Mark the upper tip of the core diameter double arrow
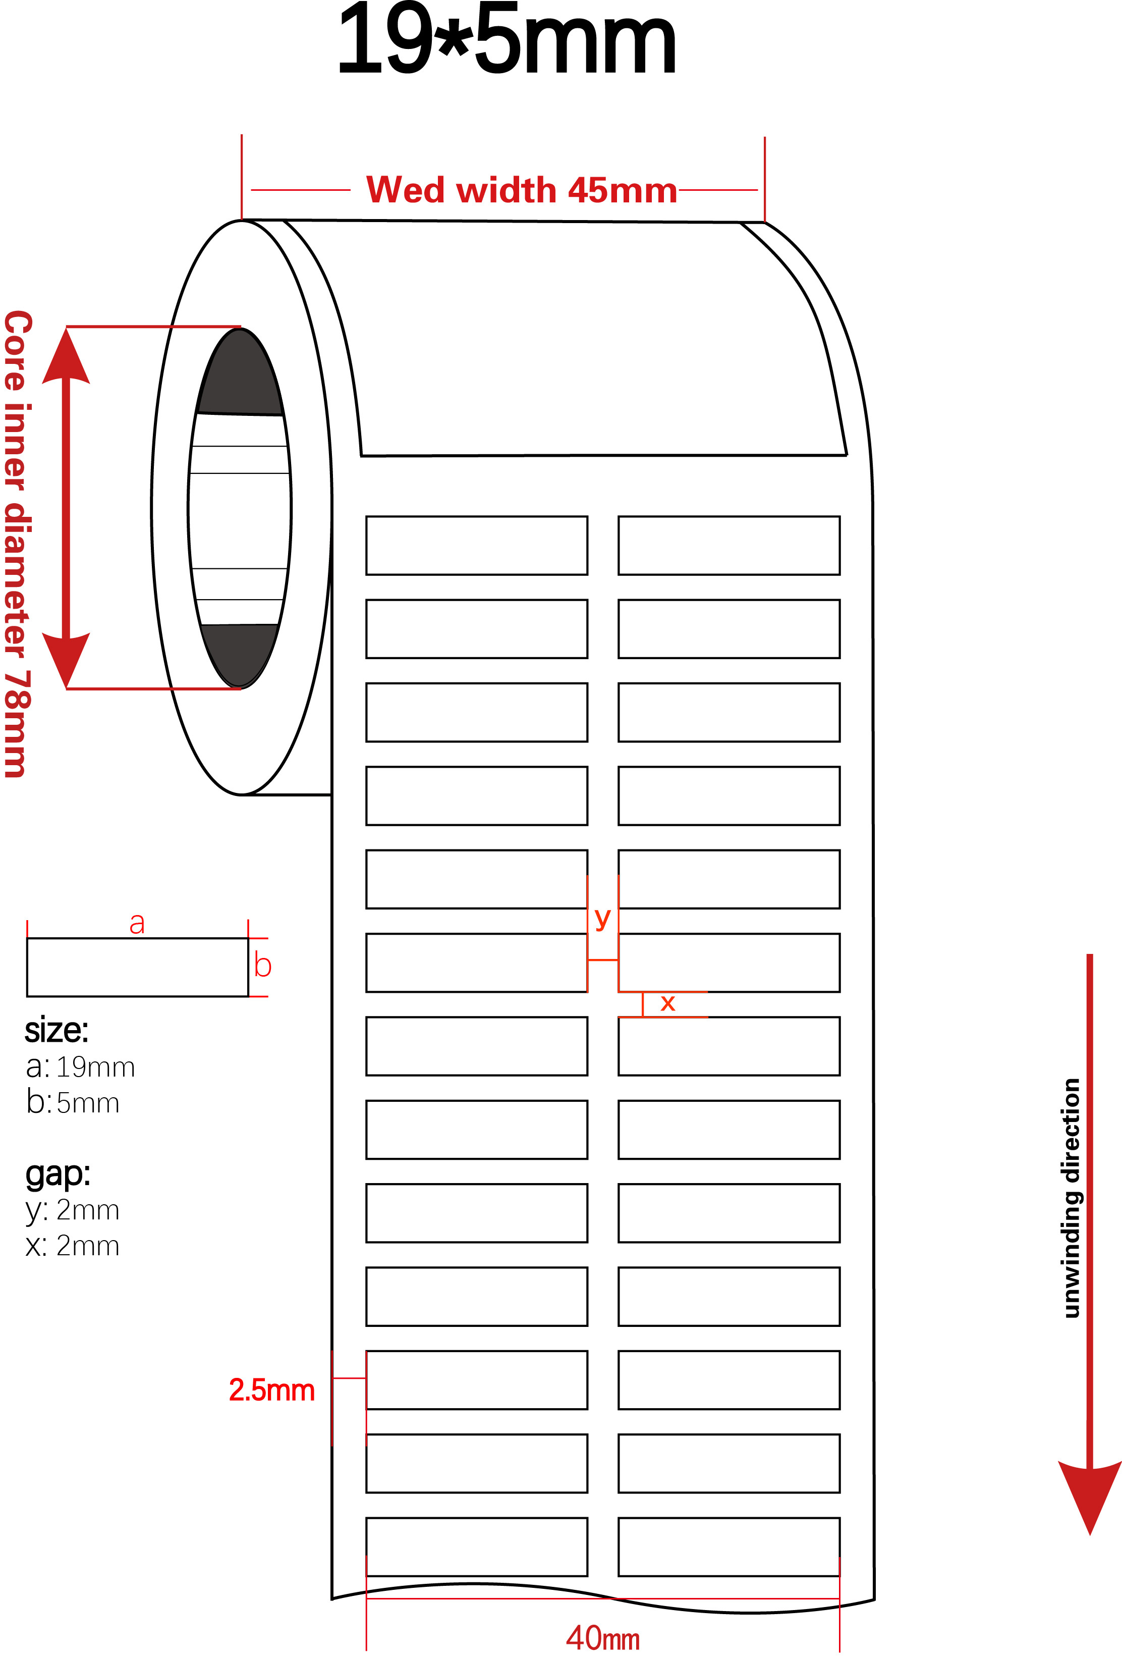click(x=66, y=328)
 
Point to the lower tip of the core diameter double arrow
click(x=66, y=688)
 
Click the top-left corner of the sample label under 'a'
click(x=27, y=938)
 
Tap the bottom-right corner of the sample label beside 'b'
click(x=248, y=996)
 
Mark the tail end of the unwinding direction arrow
click(x=1089, y=955)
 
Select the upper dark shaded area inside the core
click(x=240, y=372)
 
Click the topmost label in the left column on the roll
click(x=477, y=546)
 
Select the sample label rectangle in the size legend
click(x=138, y=967)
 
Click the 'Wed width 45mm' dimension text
click(x=522, y=190)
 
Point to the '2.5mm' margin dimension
click(x=271, y=1390)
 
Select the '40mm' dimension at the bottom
click(x=603, y=1637)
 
